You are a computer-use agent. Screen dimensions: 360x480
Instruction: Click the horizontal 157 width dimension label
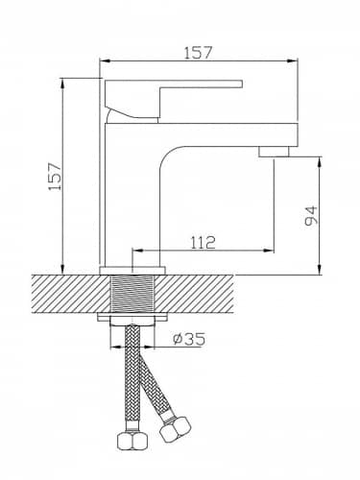[198, 53]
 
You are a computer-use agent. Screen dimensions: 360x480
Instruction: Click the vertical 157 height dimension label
[55, 177]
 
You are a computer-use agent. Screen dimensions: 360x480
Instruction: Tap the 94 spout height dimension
[311, 216]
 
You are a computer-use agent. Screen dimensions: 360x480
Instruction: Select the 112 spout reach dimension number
[204, 243]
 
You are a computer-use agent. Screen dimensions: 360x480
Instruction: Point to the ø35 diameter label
[189, 339]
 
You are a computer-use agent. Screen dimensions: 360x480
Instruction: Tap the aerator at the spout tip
[274, 152]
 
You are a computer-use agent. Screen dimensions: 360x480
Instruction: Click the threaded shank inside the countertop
[132, 295]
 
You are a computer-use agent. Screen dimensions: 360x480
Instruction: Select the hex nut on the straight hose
[132, 442]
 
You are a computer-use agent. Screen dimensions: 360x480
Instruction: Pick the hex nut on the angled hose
[175, 428]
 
